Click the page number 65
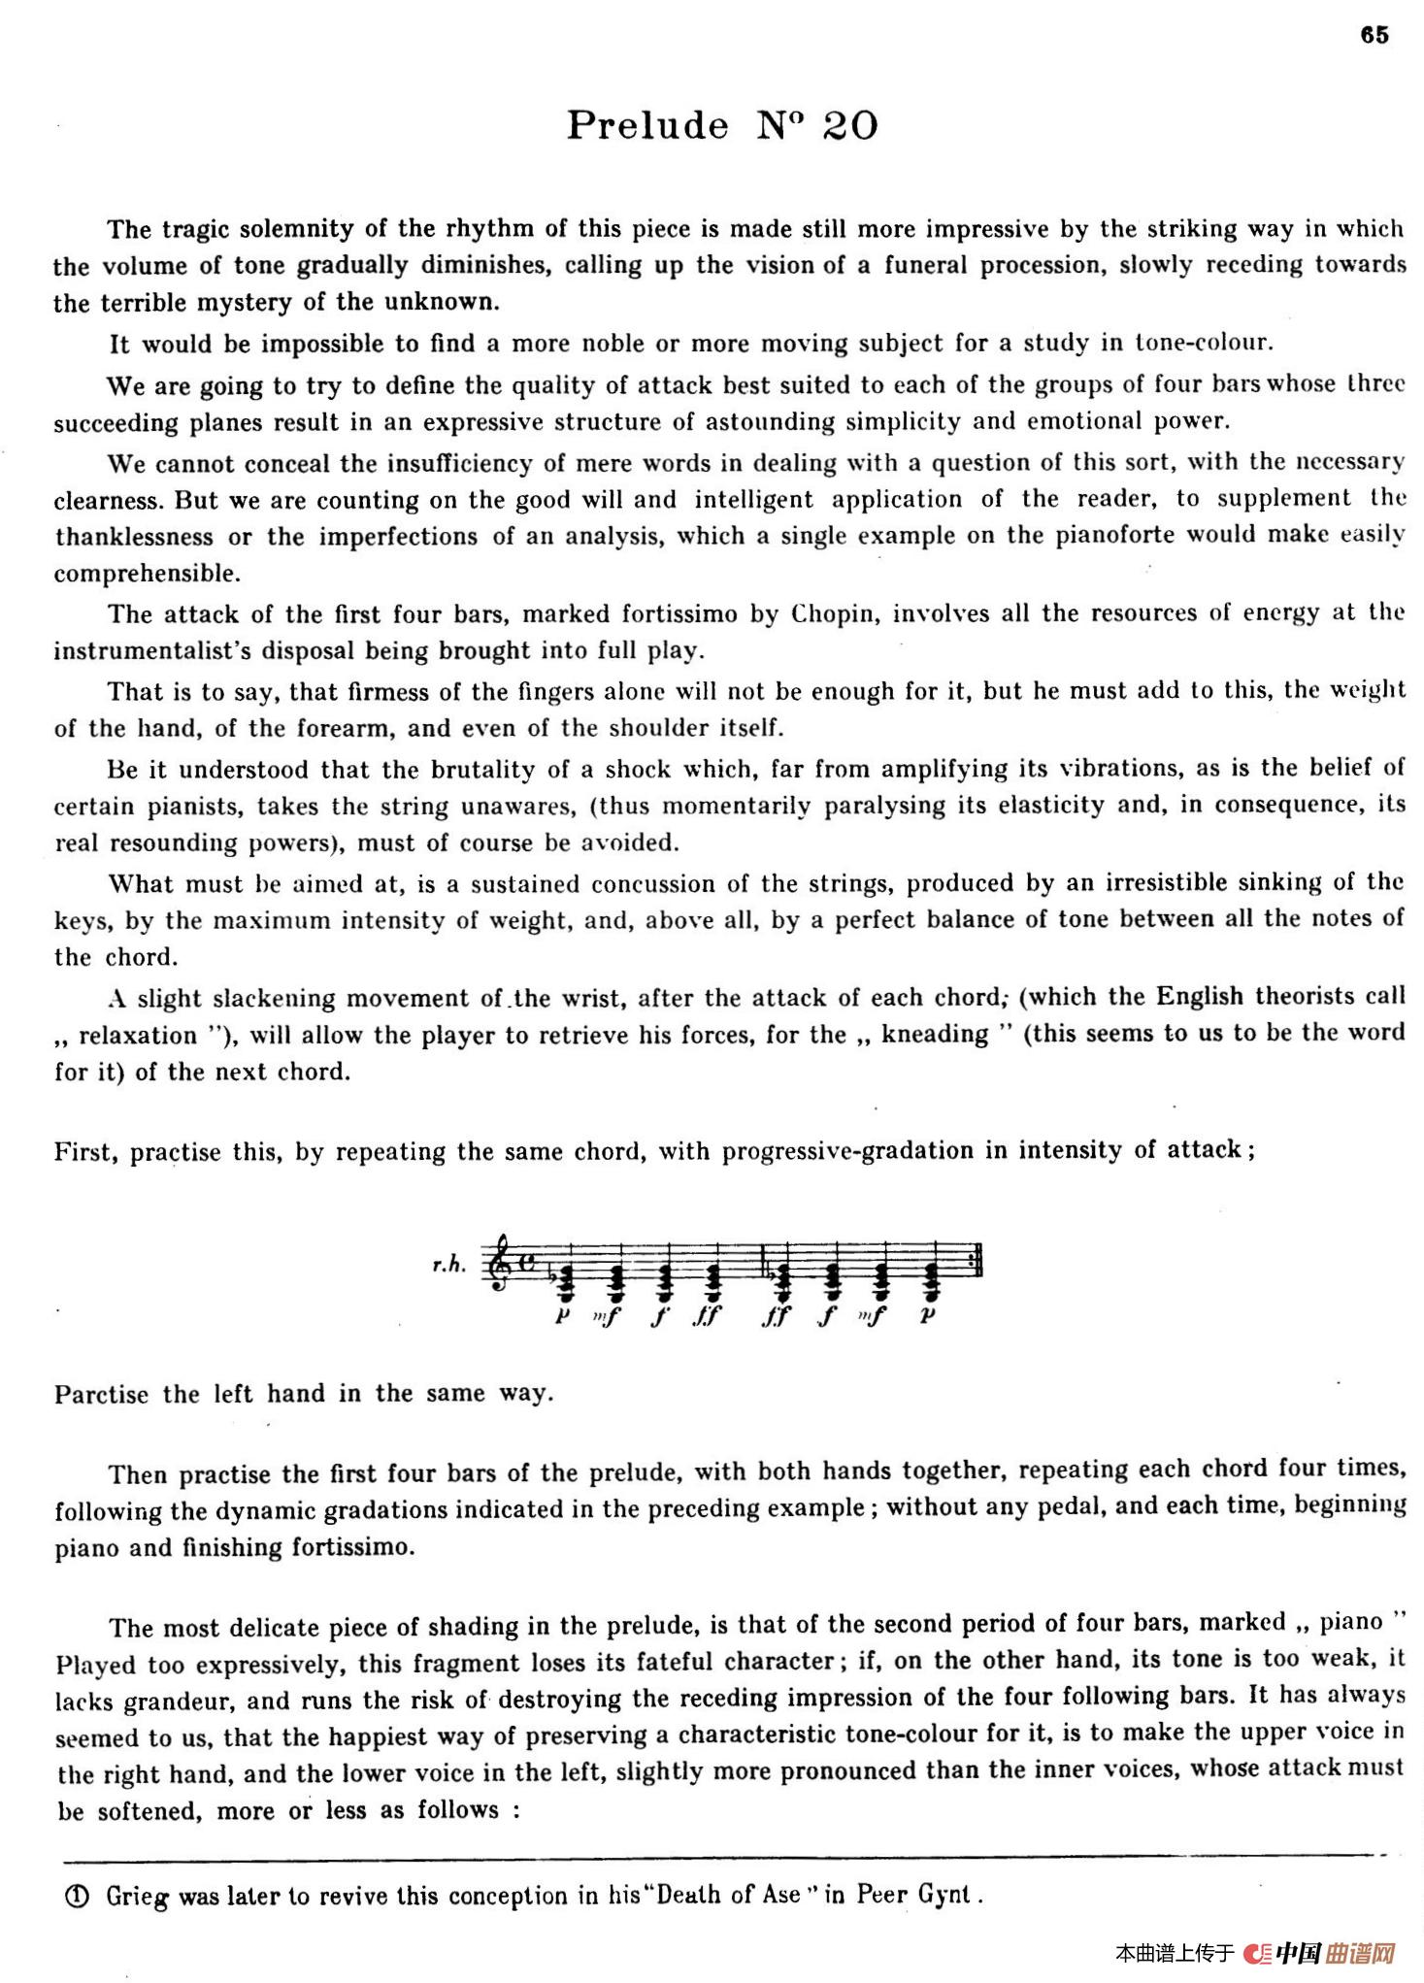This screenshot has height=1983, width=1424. tap(1374, 35)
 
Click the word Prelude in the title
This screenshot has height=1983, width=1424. tap(647, 125)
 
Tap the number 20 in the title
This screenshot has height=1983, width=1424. tap(850, 125)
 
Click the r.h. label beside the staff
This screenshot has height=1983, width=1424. tap(449, 1264)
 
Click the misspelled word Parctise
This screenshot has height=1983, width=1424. tap(101, 1395)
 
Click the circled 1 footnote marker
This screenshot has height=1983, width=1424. tap(78, 1896)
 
